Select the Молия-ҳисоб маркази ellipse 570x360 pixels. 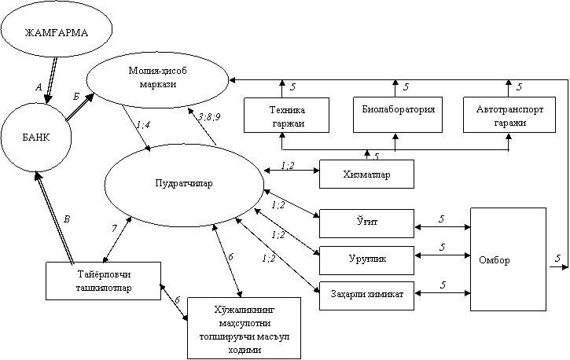coord(157,79)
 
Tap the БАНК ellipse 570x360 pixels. coord(35,138)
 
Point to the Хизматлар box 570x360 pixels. coord(366,174)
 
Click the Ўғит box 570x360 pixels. coord(366,223)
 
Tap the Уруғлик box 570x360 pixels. coord(366,259)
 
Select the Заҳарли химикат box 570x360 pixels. coord(366,295)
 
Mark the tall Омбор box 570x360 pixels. coord(508,259)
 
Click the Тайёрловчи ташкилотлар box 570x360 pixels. coord(103,281)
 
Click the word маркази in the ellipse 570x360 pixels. coord(157,85)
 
